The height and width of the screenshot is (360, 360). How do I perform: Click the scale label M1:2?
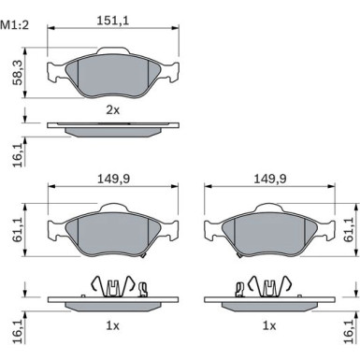pos(15,25)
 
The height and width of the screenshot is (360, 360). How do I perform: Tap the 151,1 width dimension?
pos(113,21)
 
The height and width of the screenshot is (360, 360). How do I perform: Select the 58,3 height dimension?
pos(18,73)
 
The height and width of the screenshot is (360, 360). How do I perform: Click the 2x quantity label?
pos(113,109)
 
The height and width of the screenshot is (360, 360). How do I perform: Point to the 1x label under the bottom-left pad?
pos(113,325)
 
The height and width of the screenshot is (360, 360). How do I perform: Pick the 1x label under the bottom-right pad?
pos(269,325)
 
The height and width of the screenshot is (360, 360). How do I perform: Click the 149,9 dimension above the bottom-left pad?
pos(113,179)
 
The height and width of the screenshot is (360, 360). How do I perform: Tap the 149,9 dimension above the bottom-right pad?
pos(270,179)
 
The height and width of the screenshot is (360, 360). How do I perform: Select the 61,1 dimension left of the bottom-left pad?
pos(18,230)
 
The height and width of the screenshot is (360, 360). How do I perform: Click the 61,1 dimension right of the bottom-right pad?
pos(349,230)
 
